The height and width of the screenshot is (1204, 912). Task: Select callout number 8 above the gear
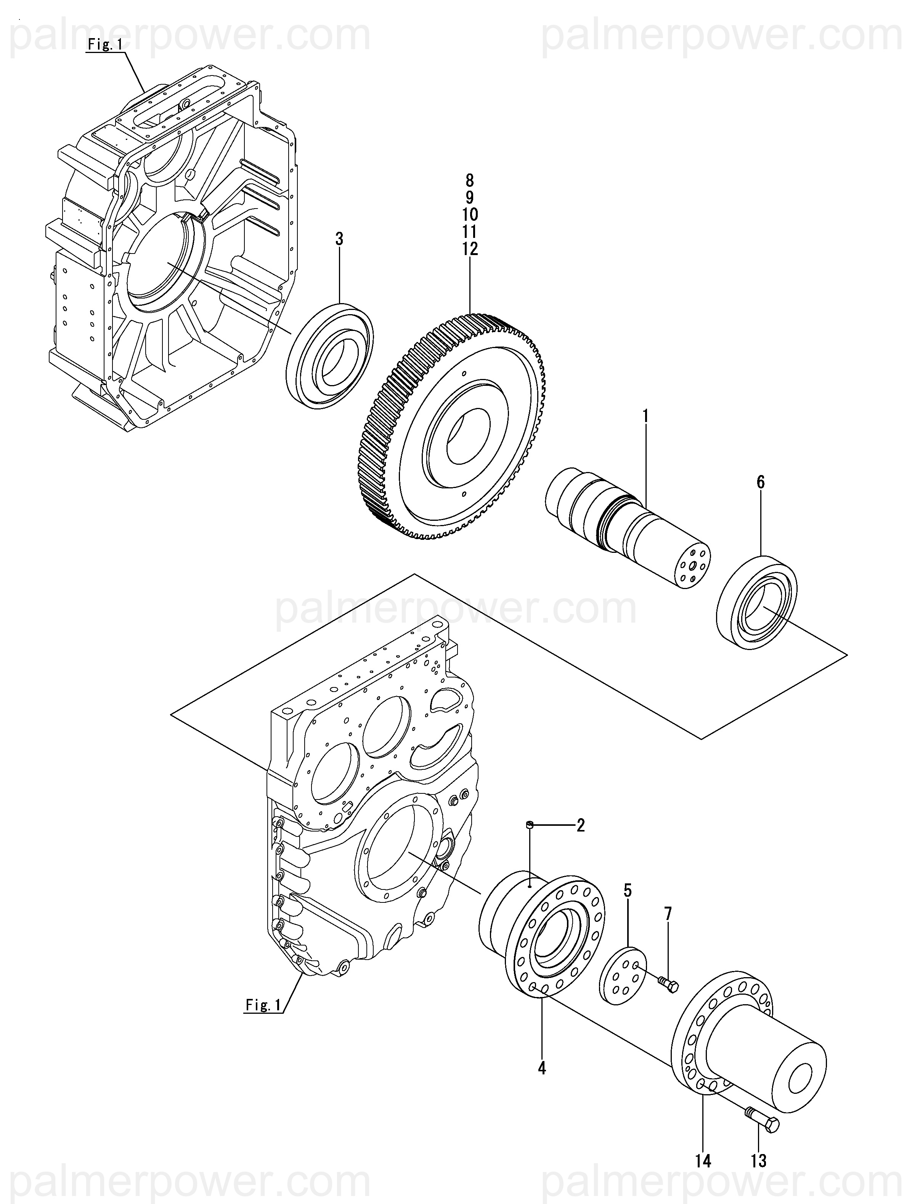click(469, 180)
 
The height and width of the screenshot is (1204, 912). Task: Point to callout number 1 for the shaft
click(645, 416)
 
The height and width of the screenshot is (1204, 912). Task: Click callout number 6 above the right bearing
click(761, 482)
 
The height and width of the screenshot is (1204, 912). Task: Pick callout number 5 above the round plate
click(628, 891)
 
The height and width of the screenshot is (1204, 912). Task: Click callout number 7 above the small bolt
click(668, 914)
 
